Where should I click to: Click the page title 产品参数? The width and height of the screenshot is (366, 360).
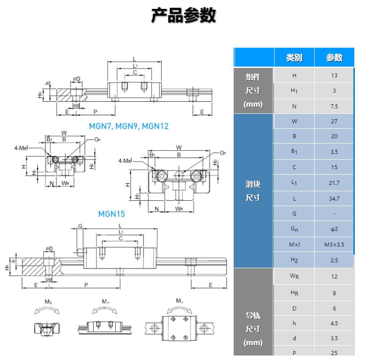[183, 15]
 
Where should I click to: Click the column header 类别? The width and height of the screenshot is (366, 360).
[294, 58]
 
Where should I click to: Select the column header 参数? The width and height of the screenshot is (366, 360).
[334, 58]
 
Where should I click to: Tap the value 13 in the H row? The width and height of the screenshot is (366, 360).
[334, 76]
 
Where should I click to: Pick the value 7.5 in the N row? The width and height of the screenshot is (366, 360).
[334, 107]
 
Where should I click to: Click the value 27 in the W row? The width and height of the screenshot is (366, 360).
[334, 121]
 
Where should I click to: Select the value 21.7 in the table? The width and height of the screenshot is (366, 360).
[334, 183]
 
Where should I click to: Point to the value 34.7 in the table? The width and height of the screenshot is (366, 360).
[334, 198]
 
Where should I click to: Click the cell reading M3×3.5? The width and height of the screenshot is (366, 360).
[334, 245]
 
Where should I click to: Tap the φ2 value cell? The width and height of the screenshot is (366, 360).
[334, 229]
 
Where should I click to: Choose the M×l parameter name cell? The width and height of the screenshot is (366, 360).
[294, 245]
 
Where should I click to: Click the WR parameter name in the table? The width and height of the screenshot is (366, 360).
[294, 276]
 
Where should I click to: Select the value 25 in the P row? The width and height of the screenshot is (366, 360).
[334, 353]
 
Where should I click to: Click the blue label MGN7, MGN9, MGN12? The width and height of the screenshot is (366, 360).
[128, 126]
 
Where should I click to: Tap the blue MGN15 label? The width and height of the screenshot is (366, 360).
[112, 214]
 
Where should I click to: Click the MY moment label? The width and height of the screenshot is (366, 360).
[180, 301]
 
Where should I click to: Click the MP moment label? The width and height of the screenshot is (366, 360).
[105, 301]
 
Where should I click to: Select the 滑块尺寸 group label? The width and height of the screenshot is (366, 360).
[253, 191]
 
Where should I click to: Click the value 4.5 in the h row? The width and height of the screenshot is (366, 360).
[334, 323]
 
